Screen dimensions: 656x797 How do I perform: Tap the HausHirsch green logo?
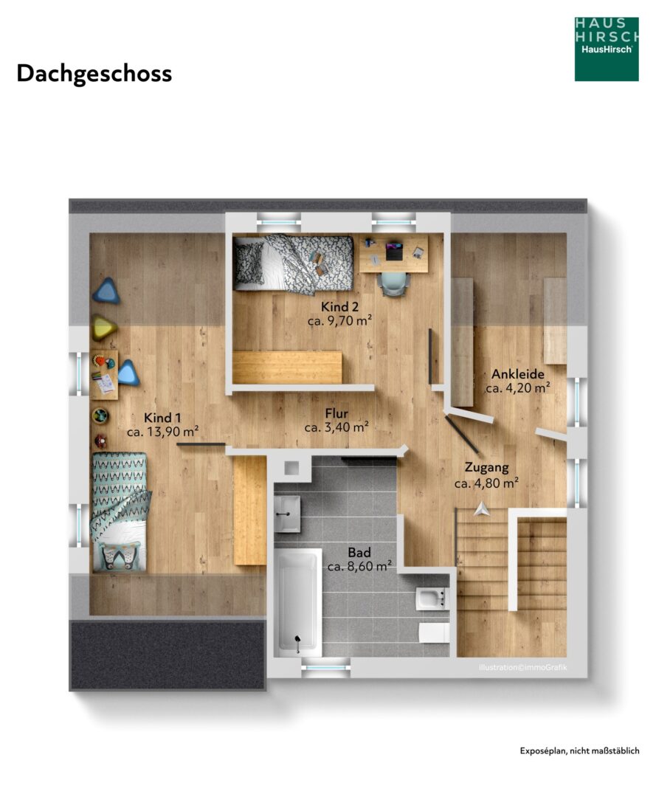(x=607, y=49)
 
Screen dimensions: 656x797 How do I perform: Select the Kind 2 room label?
(x=339, y=307)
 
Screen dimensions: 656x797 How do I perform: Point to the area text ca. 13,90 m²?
(x=162, y=432)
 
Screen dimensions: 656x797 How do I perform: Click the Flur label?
(x=336, y=413)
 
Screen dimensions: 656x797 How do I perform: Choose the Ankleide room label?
(x=518, y=374)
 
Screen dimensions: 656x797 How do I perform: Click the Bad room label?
(x=359, y=552)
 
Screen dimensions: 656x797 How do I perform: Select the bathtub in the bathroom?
(x=298, y=602)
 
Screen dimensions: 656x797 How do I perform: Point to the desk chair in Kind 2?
(x=394, y=283)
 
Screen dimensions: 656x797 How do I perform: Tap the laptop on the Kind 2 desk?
(x=394, y=252)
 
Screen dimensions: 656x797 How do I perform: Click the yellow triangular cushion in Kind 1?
(x=104, y=328)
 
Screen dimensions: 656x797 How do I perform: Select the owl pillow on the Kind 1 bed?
(x=120, y=556)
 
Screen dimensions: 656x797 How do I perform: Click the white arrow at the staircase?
(x=482, y=508)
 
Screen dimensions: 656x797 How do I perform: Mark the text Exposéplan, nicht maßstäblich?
(x=579, y=751)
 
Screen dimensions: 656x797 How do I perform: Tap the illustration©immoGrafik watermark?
(x=522, y=667)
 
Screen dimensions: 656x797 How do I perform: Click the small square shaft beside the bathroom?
(x=291, y=468)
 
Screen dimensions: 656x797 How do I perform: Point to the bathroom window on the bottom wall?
(x=325, y=668)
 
